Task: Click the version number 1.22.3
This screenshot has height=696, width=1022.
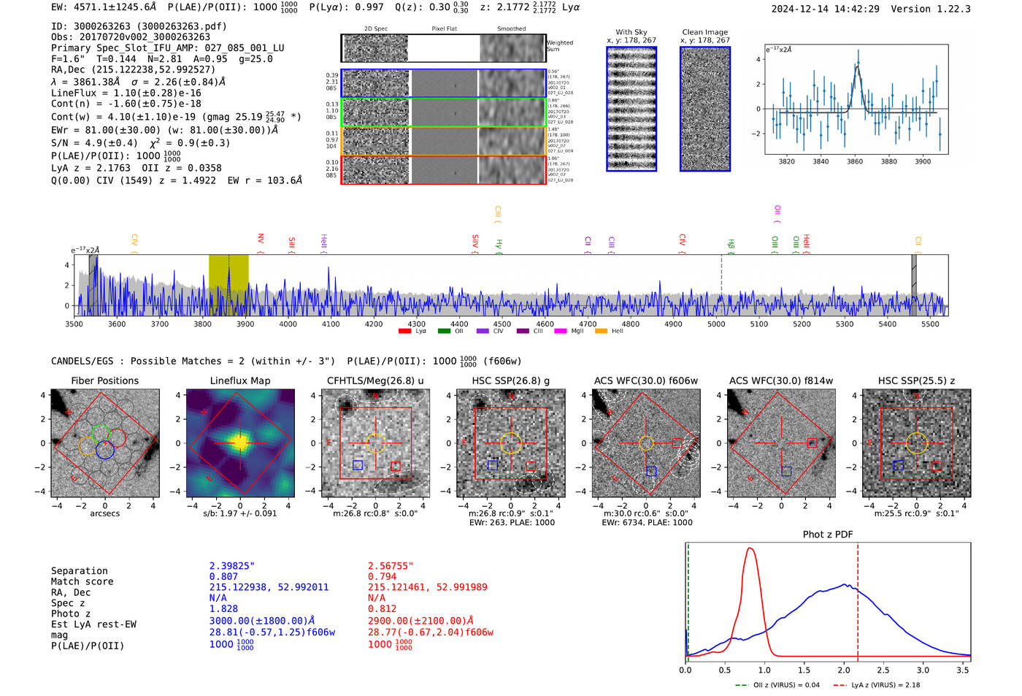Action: coord(950,9)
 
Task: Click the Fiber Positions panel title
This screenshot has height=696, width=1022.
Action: coord(104,380)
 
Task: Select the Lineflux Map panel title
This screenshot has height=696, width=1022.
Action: coord(239,380)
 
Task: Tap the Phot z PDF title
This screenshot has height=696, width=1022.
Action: coord(827,534)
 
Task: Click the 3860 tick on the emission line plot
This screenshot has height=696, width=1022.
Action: coord(854,161)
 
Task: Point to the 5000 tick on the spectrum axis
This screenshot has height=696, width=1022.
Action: coord(716,324)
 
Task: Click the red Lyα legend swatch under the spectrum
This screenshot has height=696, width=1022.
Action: coord(404,331)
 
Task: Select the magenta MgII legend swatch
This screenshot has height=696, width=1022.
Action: coord(560,331)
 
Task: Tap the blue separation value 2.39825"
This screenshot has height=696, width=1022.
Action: coord(231,566)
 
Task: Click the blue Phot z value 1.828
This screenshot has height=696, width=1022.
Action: coord(223,608)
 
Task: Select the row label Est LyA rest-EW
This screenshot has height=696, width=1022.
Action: coord(93,624)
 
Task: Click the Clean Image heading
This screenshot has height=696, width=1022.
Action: coord(704,32)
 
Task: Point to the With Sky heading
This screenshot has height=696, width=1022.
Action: coord(631,32)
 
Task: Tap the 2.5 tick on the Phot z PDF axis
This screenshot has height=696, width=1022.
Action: coord(883,670)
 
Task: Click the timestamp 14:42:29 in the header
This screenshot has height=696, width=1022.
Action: coord(856,9)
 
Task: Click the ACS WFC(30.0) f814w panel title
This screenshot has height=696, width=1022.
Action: coord(780,380)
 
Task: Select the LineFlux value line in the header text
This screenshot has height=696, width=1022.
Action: coord(126,93)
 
